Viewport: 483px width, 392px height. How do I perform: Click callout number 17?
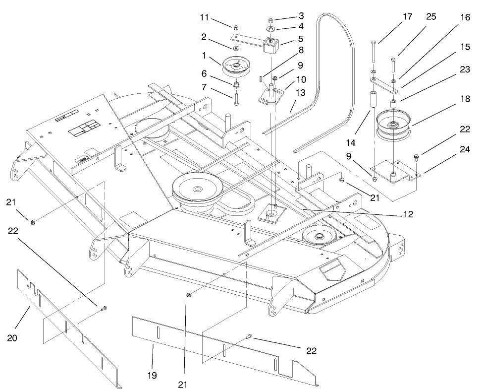407,16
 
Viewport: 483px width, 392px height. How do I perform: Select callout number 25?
431,17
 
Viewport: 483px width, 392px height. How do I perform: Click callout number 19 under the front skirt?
152,376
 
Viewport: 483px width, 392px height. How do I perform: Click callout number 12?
408,215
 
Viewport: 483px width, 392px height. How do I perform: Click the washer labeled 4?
271,29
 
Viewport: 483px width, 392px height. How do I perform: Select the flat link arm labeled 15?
382,85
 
